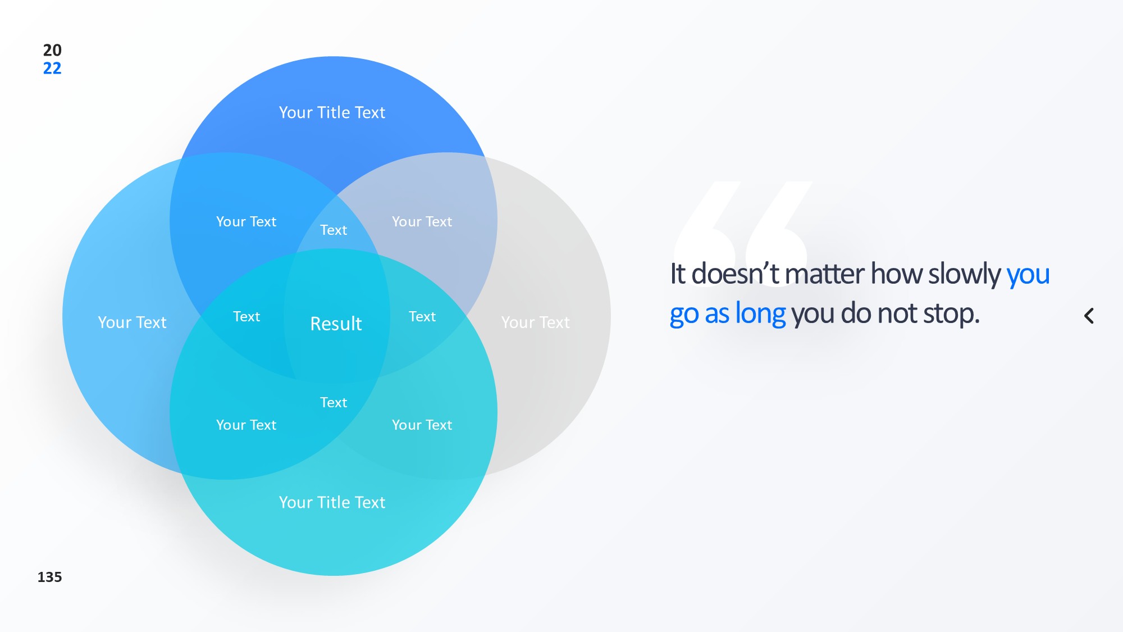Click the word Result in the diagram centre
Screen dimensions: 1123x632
click(336, 324)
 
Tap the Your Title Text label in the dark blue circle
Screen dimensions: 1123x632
click(332, 112)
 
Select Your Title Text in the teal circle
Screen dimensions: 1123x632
click(332, 502)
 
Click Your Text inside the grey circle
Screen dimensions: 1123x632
click(535, 322)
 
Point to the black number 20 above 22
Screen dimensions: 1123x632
click(52, 50)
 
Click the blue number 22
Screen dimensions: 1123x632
click(52, 68)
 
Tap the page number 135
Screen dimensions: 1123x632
click(49, 577)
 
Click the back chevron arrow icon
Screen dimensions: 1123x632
click(1089, 316)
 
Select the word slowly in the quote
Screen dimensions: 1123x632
click(964, 275)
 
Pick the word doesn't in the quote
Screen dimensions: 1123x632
click(735, 274)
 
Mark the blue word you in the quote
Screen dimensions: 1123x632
click(1028, 276)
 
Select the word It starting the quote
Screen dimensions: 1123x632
click(678, 274)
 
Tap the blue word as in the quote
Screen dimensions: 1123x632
click(716, 315)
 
